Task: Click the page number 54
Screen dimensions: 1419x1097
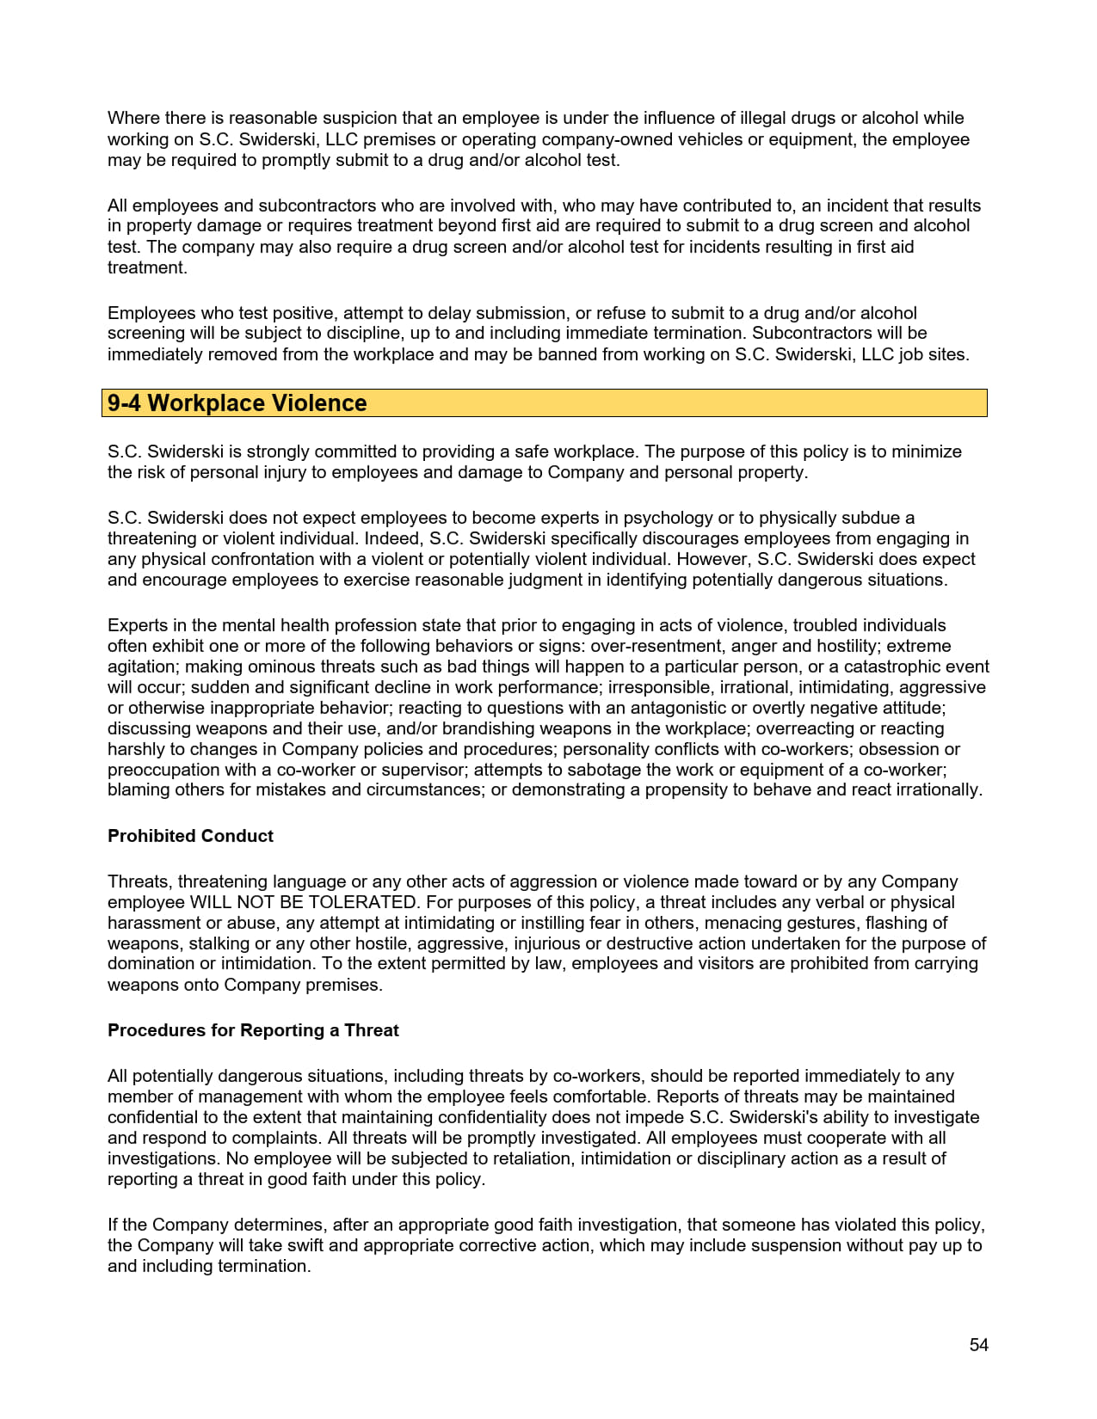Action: coord(978,1345)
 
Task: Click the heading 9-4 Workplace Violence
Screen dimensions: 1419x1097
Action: coord(237,403)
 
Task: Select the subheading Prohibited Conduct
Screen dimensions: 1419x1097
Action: coord(190,836)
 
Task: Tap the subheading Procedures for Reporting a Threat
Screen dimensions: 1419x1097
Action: coord(253,1030)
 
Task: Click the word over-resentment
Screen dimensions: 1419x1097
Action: coord(650,646)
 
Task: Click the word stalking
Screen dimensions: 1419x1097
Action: coord(219,943)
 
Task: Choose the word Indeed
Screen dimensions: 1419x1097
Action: coord(392,538)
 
